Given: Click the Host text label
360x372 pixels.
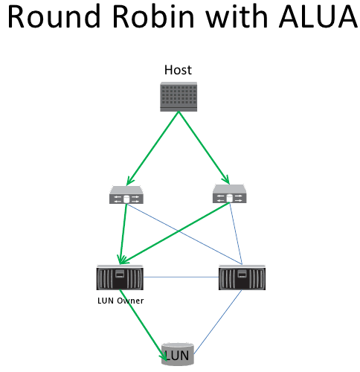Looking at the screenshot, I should click(x=178, y=71).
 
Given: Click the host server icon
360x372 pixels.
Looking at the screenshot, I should click(x=178, y=97).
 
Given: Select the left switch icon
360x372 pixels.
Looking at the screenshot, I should click(x=126, y=196).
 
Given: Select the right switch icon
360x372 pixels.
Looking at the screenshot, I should click(x=229, y=196).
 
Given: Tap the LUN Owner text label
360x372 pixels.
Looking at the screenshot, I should click(x=120, y=301).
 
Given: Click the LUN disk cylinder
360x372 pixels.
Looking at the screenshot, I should click(x=178, y=354).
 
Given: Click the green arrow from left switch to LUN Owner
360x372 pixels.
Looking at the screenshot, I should click(x=123, y=234).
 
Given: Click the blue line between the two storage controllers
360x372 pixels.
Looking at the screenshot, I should click(x=181, y=278).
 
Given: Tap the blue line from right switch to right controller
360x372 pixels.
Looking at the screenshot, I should click(x=236, y=234).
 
